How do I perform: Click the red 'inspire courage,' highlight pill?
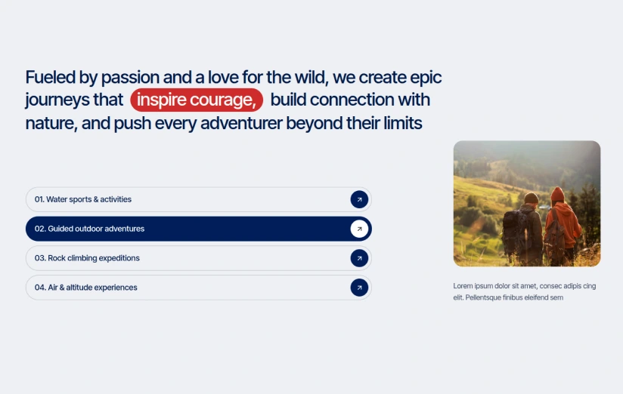197,100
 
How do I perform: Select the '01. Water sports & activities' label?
83,199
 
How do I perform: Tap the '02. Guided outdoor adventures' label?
89,229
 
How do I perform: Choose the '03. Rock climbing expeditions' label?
87,258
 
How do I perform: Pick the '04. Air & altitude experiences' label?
86,288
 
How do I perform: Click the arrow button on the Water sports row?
359,199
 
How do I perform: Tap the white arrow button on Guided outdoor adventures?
359,229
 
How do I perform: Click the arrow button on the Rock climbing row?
359,258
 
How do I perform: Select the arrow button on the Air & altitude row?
359,288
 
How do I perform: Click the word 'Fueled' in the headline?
51,77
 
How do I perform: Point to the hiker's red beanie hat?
557,194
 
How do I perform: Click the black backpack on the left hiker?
516,230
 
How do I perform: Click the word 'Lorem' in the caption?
463,285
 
